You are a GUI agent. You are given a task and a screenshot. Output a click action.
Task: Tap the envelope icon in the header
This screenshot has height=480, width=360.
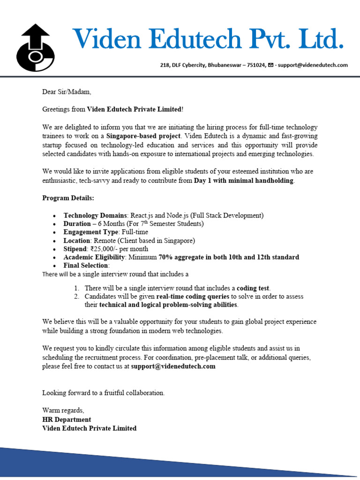[x=270, y=65]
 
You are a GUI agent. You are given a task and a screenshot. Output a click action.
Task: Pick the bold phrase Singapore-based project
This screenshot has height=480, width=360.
[x=143, y=136]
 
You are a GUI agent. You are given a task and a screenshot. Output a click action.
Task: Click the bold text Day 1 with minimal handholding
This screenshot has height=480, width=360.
[x=244, y=180]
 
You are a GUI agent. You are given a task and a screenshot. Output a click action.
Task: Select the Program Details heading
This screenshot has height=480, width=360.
[x=68, y=198]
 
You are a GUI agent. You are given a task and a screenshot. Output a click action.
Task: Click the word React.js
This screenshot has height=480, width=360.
[x=142, y=215]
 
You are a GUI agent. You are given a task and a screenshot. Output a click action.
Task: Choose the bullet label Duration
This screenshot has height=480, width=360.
[x=77, y=224]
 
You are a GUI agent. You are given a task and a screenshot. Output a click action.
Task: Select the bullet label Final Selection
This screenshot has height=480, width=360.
[x=86, y=265]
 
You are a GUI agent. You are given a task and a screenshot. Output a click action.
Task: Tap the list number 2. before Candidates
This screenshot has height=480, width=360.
[x=76, y=296]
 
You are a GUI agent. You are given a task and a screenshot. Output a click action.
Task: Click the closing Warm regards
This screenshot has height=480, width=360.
[x=63, y=411]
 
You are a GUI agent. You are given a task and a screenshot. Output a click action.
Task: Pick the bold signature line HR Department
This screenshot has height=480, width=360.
[x=67, y=420]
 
